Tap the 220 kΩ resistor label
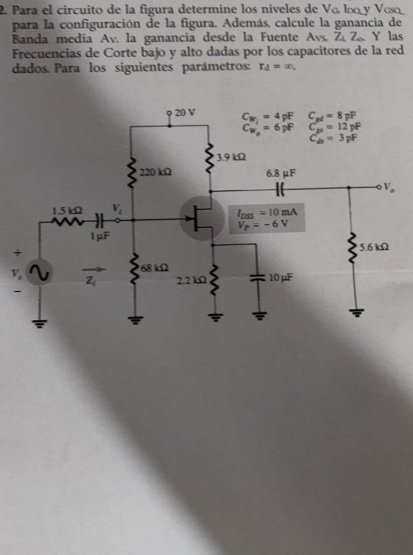click(x=152, y=170)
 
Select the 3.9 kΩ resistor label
click(x=232, y=158)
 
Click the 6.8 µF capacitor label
click(x=279, y=171)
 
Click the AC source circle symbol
click(x=41, y=275)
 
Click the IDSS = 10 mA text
click(x=266, y=212)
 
